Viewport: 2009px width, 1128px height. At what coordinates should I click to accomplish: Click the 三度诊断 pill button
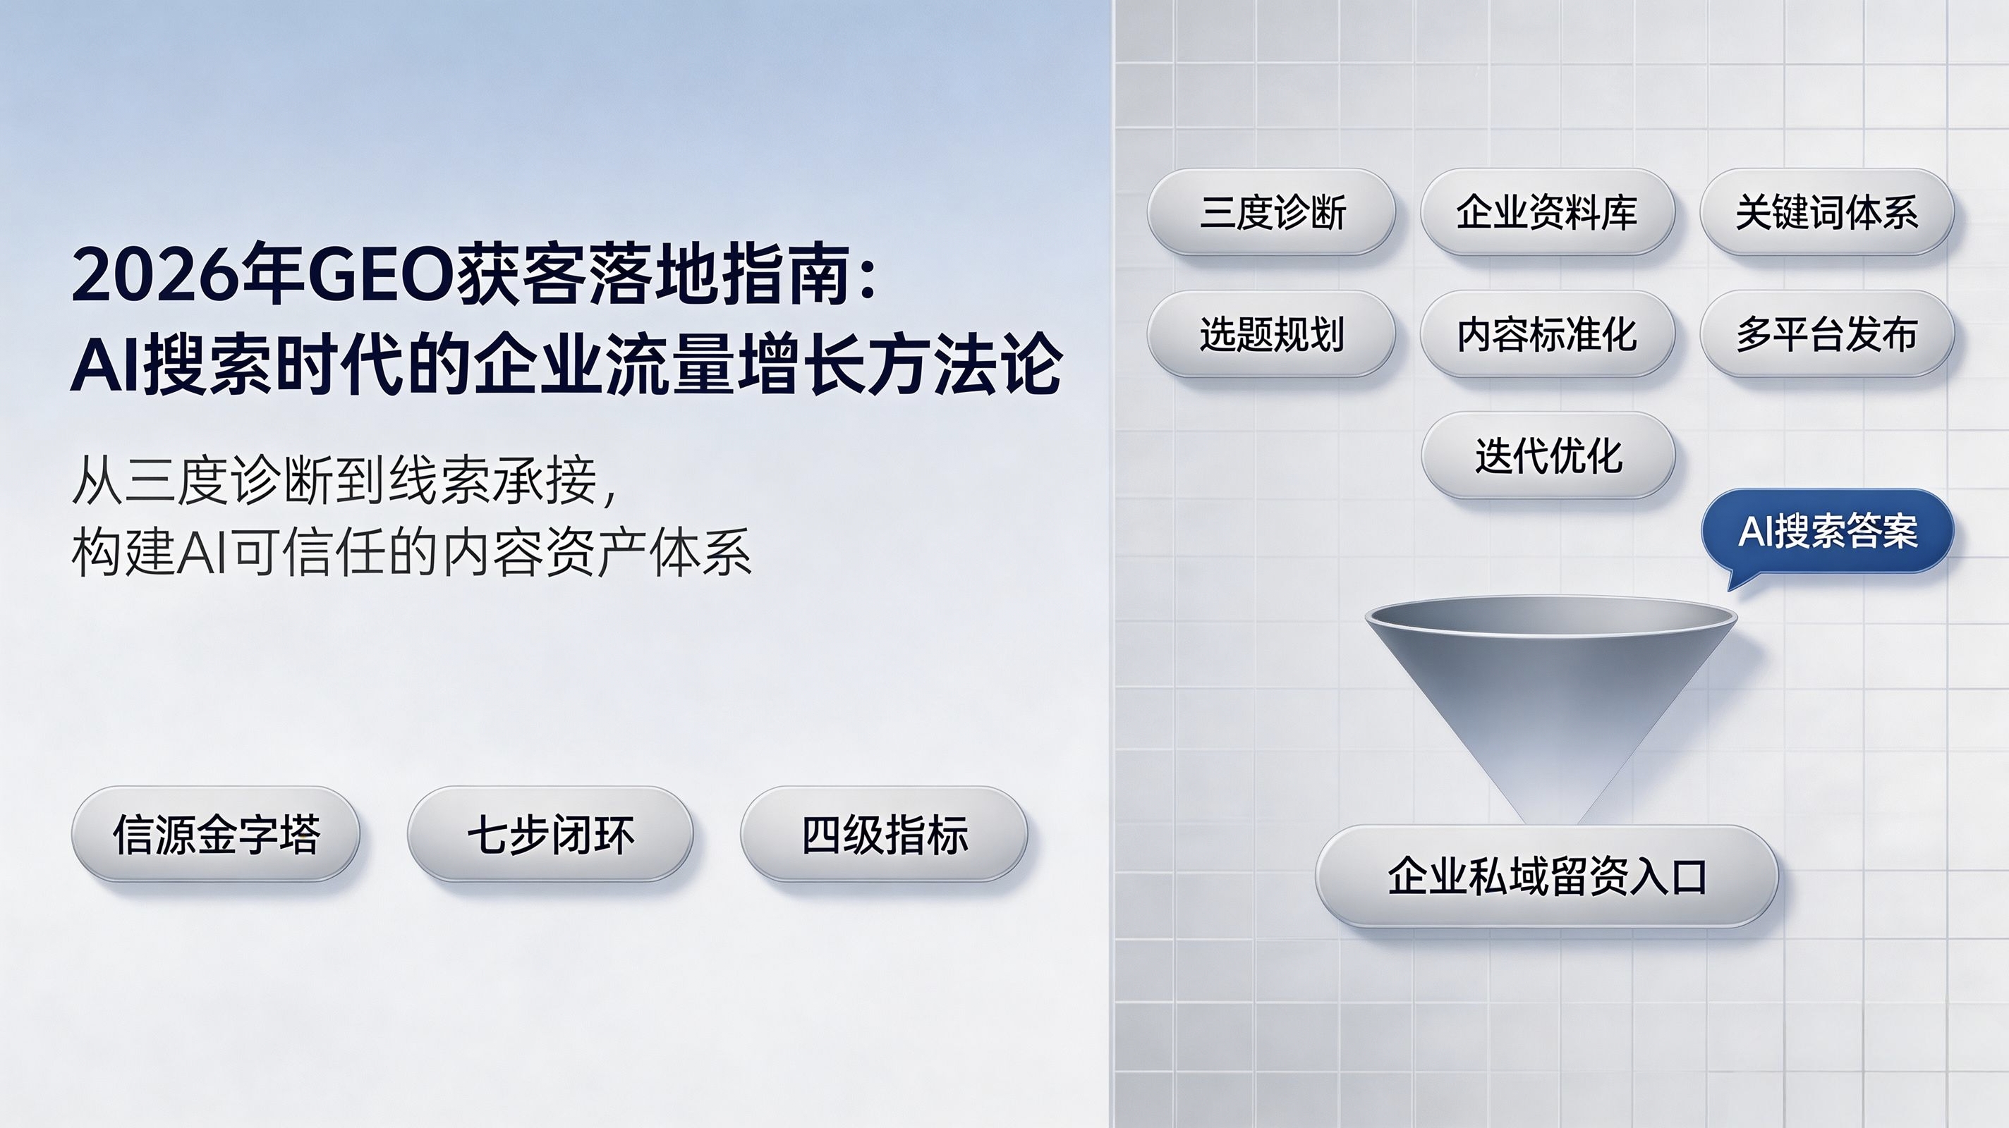1271,212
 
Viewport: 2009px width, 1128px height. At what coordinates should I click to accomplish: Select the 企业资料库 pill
1547,212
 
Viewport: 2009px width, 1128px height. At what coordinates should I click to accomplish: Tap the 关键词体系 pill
1826,212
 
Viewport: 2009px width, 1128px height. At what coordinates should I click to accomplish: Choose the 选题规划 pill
1271,333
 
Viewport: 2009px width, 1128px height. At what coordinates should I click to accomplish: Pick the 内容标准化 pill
1547,333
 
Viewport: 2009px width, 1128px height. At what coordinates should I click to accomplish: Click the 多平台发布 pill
1826,333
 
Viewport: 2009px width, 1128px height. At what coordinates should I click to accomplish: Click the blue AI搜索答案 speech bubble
1827,532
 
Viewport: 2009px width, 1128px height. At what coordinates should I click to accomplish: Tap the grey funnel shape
1550,686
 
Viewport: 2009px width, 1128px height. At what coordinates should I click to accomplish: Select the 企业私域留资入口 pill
1547,876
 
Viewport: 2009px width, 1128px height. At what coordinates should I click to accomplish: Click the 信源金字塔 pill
216,834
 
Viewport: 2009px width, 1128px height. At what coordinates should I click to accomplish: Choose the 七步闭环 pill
551,834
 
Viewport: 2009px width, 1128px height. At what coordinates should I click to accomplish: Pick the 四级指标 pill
885,834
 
